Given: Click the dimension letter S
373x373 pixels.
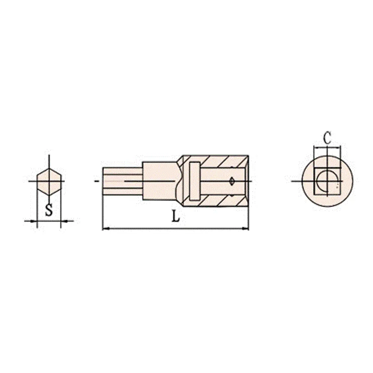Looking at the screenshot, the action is pyautogui.click(x=49, y=210).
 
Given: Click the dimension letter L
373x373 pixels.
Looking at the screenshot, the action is pyautogui.click(x=176, y=217).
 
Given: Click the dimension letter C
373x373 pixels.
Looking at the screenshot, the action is pyautogui.click(x=327, y=138).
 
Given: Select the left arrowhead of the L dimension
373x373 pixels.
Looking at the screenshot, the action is pyautogui.click(x=106, y=229).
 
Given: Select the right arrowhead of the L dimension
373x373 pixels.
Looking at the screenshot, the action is pyautogui.click(x=245, y=229).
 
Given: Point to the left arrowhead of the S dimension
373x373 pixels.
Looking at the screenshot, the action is pyautogui.click(x=34, y=221).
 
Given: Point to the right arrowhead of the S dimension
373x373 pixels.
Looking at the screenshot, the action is pyautogui.click(x=65, y=221).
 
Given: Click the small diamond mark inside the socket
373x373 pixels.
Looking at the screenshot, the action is pyautogui.click(x=232, y=181).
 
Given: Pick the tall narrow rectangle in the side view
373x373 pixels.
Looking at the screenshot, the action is pyautogui.click(x=195, y=181).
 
